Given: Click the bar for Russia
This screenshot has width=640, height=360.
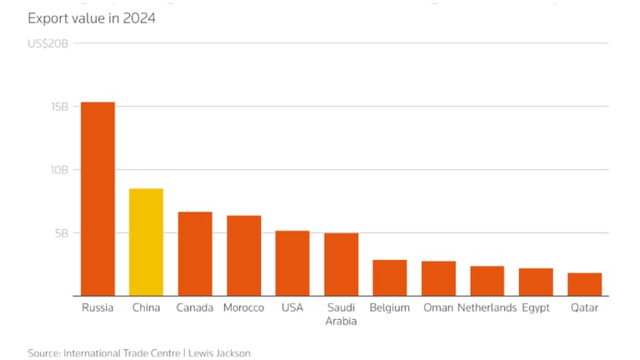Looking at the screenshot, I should pyautogui.click(x=97, y=199).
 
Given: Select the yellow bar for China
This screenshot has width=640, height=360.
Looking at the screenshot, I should pyautogui.click(x=146, y=242).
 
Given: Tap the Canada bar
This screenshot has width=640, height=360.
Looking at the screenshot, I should pyautogui.click(x=195, y=254).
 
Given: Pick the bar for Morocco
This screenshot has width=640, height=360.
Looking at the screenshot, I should pyautogui.click(x=243, y=256).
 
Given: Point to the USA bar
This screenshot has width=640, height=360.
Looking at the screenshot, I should pyautogui.click(x=292, y=263).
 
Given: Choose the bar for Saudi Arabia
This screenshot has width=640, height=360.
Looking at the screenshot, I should pyautogui.click(x=341, y=265).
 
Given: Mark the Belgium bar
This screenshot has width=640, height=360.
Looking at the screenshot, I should pyautogui.click(x=389, y=278).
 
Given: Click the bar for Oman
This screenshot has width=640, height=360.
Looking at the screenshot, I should pyautogui.click(x=438, y=279).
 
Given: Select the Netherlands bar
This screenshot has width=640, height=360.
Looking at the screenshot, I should pyautogui.click(x=487, y=282).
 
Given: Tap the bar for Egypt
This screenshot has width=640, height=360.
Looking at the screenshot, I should pyautogui.click(x=536, y=282).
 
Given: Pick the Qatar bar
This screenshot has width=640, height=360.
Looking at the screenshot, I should pyautogui.click(x=584, y=285).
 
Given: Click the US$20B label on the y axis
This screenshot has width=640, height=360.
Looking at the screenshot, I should pyautogui.click(x=47, y=43).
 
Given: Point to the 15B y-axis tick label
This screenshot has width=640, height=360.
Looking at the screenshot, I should pyautogui.click(x=58, y=107).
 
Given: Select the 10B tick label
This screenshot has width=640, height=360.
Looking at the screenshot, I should pyautogui.click(x=58, y=170).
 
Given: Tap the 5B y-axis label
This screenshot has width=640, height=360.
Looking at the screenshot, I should pyautogui.click(x=62, y=233).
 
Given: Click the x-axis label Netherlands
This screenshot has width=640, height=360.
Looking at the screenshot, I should pyautogui.click(x=487, y=308).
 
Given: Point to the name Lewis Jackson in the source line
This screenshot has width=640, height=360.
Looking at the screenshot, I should pyautogui.click(x=219, y=353).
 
